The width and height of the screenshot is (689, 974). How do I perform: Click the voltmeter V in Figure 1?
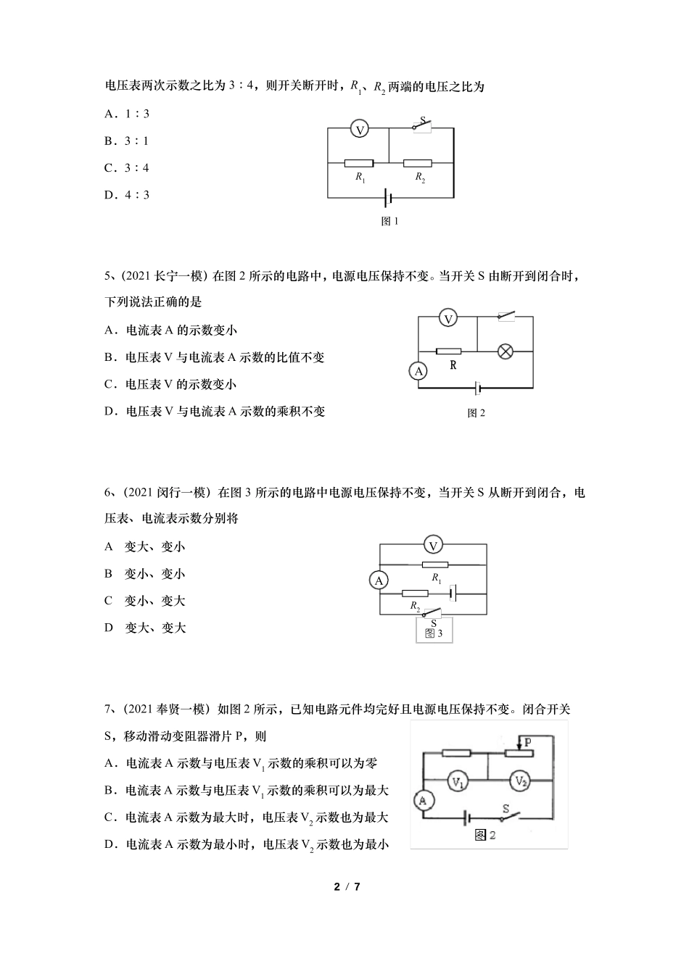pyautogui.click(x=359, y=129)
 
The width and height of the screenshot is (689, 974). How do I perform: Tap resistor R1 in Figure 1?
pyautogui.click(x=359, y=164)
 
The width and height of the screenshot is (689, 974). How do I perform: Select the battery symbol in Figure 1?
pyautogui.click(x=389, y=197)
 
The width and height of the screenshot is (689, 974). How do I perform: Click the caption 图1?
pyautogui.click(x=390, y=222)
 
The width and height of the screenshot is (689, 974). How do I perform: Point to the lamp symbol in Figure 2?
pyautogui.click(x=506, y=351)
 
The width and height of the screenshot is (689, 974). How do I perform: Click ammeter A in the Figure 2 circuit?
pyautogui.click(x=418, y=372)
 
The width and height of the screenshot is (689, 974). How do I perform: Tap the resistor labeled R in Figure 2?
pyautogui.click(x=449, y=351)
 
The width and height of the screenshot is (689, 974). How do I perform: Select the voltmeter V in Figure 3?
pyautogui.click(x=433, y=546)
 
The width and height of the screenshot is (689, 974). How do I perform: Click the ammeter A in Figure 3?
pyautogui.click(x=379, y=580)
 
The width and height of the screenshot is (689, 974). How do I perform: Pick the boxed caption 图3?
pyautogui.click(x=434, y=632)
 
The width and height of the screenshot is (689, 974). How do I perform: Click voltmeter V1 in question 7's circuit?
pyautogui.click(x=458, y=781)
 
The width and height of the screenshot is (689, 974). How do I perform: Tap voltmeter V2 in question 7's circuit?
pyautogui.click(x=521, y=781)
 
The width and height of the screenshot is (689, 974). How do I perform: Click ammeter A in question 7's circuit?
pyautogui.click(x=424, y=800)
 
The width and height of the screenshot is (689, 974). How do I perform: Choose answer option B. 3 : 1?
pyautogui.click(x=126, y=141)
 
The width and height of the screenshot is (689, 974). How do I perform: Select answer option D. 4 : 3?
pyautogui.click(x=126, y=195)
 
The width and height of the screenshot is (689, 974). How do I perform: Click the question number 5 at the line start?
pyautogui.click(x=107, y=275)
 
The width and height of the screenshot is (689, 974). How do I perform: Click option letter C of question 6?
pyautogui.click(x=108, y=601)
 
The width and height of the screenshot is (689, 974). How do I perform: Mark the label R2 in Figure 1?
pyautogui.click(x=420, y=178)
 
